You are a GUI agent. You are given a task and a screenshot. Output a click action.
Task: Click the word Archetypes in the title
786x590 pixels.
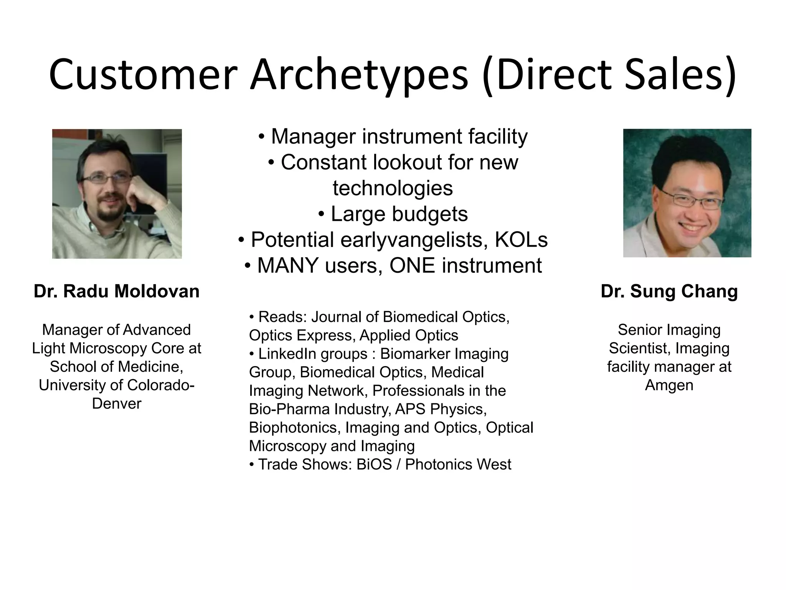pyautogui.click(x=359, y=75)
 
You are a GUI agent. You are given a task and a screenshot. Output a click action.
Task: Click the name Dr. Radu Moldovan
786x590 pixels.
pyautogui.click(x=117, y=291)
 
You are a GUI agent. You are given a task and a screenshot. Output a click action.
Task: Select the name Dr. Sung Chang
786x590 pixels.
pyautogui.click(x=669, y=291)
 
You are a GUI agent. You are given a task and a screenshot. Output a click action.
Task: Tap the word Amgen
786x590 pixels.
pyautogui.click(x=669, y=385)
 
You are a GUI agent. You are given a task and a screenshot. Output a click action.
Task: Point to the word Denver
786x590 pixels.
pyautogui.click(x=117, y=403)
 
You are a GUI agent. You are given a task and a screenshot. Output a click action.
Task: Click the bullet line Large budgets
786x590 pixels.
pyautogui.click(x=393, y=214)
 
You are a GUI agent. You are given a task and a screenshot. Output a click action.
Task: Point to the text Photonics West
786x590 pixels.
pyautogui.click(x=458, y=464)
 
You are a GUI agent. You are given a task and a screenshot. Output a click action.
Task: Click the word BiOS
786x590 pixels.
pyautogui.click(x=374, y=464)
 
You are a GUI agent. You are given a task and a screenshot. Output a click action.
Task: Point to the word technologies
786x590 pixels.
pyautogui.click(x=393, y=188)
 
